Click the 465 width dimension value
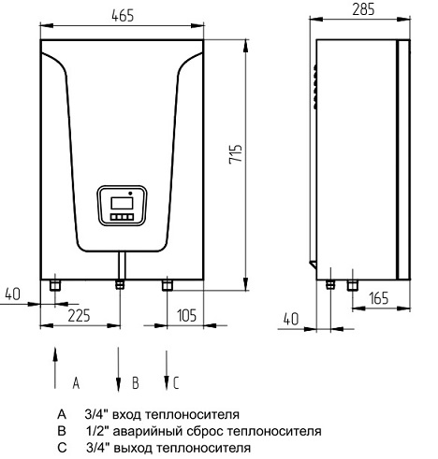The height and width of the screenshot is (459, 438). point(123,16)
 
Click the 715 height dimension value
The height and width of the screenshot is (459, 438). point(236,154)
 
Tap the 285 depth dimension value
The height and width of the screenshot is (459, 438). point(363,9)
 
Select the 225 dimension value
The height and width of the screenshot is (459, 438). point(79,315)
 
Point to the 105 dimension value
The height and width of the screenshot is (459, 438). point(187,315)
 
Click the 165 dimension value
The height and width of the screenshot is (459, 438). point(379,298)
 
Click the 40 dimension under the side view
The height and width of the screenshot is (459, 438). point(291,319)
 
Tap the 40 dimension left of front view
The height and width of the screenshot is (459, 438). point(13,294)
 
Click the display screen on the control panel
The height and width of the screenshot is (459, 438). point(122,203)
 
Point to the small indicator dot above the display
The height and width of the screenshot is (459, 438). point(130,193)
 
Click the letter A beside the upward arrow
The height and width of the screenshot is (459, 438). point(76,383)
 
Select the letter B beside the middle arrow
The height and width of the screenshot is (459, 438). point(136,383)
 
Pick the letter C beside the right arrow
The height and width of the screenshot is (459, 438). point(176,383)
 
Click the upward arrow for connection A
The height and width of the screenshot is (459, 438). point(55,367)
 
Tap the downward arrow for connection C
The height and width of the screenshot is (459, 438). point(167,370)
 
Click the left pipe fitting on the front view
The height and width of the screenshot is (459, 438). point(55,285)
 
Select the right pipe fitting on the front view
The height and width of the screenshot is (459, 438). point(167,285)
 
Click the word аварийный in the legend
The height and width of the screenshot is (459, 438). point(148,431)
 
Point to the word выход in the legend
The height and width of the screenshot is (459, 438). point(133,449)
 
